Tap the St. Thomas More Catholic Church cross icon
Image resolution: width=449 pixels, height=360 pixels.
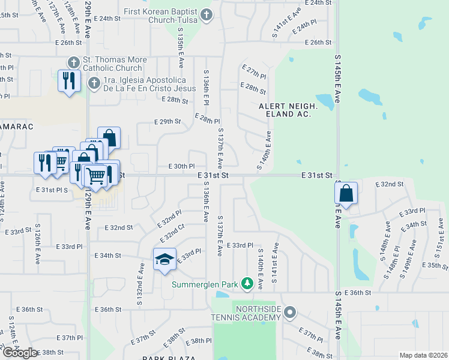(73, 62)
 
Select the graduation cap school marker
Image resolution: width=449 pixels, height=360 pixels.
(164, 260)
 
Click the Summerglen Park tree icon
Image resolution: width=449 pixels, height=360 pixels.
(247, 283)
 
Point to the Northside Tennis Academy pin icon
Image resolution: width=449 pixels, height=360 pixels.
(291, 311)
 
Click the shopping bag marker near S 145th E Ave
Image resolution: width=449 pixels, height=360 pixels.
(346, 194)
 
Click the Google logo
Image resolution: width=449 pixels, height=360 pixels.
(19, 352)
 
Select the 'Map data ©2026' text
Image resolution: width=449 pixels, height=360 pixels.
(423, 355)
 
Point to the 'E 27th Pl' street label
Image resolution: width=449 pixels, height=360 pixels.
(256, 73)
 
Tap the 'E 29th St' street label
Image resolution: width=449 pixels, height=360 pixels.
(167, 121)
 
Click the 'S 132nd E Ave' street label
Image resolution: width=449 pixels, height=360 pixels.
(143, 278)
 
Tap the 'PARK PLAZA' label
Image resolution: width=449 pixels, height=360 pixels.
(166, 358)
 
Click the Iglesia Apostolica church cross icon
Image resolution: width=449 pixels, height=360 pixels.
(94, 83)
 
